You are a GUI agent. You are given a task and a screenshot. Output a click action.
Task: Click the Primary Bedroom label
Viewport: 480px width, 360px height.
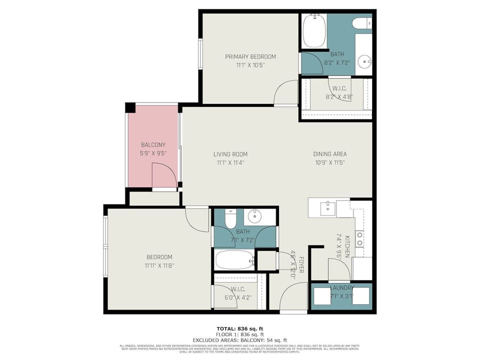click(x=250, y=56)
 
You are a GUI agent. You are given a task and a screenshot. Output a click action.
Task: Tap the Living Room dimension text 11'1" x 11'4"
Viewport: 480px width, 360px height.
click(x=230, y=162)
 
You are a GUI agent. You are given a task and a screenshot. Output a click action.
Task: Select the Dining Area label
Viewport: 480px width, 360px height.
click(x=329, y=154)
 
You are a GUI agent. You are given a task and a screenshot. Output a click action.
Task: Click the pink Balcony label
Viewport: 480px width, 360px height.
click(x=152, y=144)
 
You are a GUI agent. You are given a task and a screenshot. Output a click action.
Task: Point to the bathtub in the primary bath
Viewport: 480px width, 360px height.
click(x=314, y=31)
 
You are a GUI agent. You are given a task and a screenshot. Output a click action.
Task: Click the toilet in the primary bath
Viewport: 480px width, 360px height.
click(x=361, y=23)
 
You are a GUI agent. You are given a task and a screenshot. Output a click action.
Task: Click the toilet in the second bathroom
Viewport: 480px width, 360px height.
click(x=230, y=218)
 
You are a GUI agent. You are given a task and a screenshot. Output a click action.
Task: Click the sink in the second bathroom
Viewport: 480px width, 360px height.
click(x=255, y=216)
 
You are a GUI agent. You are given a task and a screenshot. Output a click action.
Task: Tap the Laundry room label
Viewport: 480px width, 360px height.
click(x=341, y=288)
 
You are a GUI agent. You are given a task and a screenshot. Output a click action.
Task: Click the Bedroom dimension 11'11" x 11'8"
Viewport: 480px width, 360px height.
click(x=159, y=266)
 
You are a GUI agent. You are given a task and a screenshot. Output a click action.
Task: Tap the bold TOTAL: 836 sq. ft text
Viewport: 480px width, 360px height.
click(x=240, y=328)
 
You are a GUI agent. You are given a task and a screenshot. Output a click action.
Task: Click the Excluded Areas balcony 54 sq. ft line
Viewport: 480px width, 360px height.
click(x=240, y=340)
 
